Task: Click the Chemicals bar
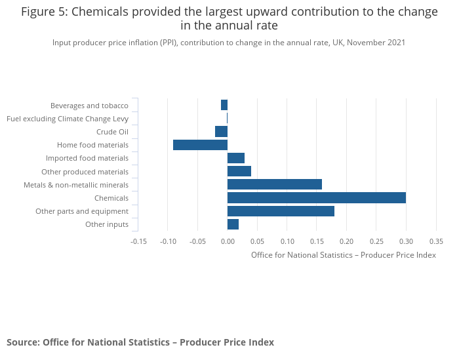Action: point(317,198)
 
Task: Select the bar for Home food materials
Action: point(200,145)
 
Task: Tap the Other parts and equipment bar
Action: point(281,211)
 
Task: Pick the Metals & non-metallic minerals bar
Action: point(275,184)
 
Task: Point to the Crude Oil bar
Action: point(221,132)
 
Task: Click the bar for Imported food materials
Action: point(236,158)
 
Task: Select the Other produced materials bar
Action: point(239,171)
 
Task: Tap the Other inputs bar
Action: point(233,224)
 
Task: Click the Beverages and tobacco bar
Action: point(224,105)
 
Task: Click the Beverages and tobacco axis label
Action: point(89,106)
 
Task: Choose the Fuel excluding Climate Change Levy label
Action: point(68,119)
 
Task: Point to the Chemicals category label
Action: point(111,198)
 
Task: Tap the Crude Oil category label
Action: point(112,132)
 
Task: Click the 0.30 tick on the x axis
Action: point(406,241)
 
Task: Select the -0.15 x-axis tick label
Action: point(138,241)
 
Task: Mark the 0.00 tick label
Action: point(228,241)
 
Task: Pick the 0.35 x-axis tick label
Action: point(436,241)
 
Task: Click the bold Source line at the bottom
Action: point(140,342)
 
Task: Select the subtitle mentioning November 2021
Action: point(229,43)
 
